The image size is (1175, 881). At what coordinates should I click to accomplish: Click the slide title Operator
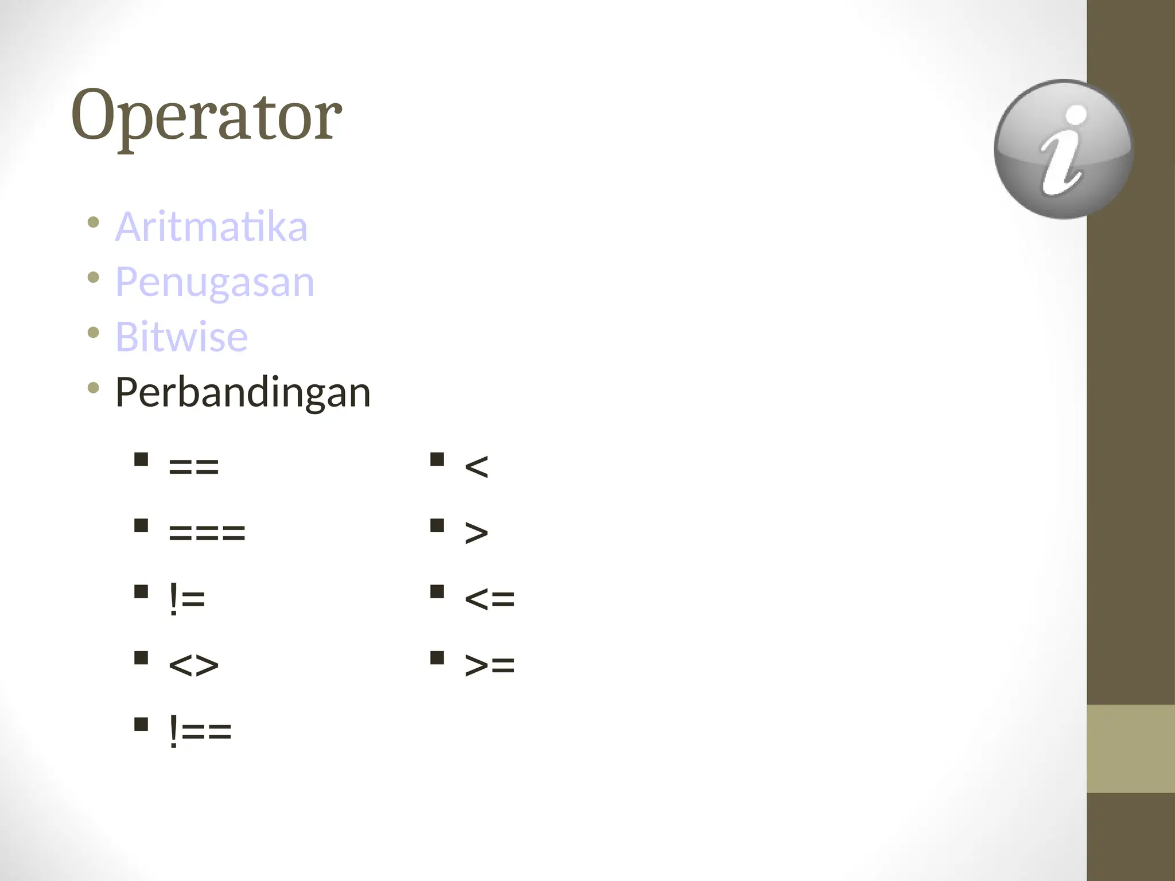pyautogui.click(x=207, y=116)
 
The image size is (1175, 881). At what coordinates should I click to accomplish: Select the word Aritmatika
pyautogui.click(x=211, y=227)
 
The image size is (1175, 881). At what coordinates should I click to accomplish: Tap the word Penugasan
pyautogui.click(x=215, y=282)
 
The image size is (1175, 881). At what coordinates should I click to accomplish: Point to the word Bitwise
pyautogui.click(x=181, y=337)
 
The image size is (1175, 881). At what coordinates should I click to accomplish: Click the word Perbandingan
pyautogui.click(x=243, y=393)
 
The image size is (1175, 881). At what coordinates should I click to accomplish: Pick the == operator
pyautogui.click(x=194, y=466)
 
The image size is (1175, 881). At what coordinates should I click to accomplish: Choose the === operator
pyautogui.click(x=207, y=533)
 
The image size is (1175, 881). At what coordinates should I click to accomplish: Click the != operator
pyautogui.click(x=187, y=599)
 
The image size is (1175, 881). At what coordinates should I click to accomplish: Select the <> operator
pyautogui.click(x=194, y=665)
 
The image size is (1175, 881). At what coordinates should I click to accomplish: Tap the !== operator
pyautogui.click(x=200, y=731)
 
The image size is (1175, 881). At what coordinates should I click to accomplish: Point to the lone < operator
pyautogui.click(x=476, y=466)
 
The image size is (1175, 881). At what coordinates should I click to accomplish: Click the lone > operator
pyautogui.click(x=476, y=533)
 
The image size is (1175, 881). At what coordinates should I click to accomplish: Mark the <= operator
pyautogui.click(x=489, y=599)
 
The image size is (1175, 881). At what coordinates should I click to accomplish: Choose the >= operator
pyautogui.click(x=489, y=665)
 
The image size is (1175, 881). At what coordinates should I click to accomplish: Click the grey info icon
pyautogui.click(x=1063, y=149)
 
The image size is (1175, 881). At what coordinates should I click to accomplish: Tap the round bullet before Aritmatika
pyautogui.click(x=94, y=222)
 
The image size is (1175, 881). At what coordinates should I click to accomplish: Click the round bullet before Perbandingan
pyautogui.click(x=94, y=388)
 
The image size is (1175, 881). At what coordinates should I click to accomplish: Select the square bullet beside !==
pyautogui.click(x=141, y=724)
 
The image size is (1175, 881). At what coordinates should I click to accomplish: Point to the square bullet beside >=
pyautogui.click(x=437, y=658)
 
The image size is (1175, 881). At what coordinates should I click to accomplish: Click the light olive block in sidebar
pyautogui.click(x=1131, y=749)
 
